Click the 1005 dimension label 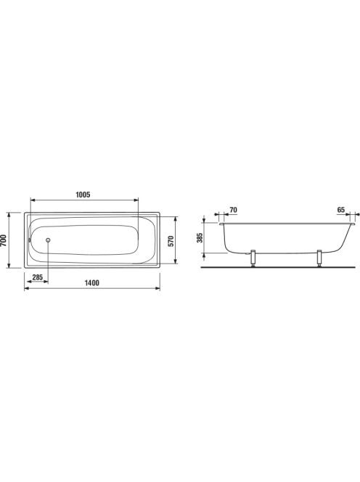coord(83,195)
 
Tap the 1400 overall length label coord(92,283)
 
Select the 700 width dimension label coord(4,240)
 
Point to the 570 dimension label coord(171,241)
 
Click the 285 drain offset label coord(38,277)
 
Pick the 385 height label coord(200,237)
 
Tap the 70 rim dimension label coord(233,210)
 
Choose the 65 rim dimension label coord(341,210)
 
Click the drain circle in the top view coord(48,240)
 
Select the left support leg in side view coord(253,258)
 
